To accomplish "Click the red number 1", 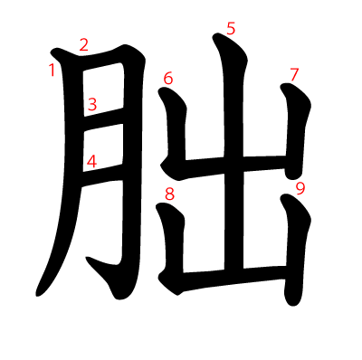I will pos(52,70).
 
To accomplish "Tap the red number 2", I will pos(84,44).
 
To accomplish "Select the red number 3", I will pos(92,106).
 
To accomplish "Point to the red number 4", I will pos(91,162).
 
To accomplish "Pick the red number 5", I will pos(231,29).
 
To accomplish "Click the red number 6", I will pos(168,79).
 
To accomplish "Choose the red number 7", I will pos(293,73).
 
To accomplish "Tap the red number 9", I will pos(300,188).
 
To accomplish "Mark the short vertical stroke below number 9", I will pos(299,244).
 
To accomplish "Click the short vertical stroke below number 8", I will pos(175,244).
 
